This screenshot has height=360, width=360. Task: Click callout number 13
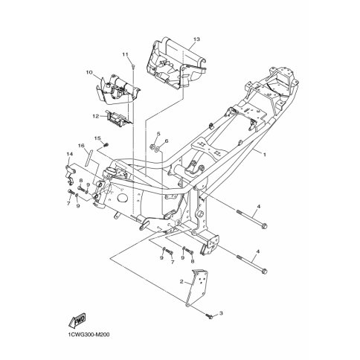[196, 39]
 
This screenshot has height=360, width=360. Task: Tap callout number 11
[125, 54]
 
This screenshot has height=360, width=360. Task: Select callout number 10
[89, 72]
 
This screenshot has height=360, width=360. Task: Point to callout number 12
[96, 116]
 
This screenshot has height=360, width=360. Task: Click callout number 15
[97, 138]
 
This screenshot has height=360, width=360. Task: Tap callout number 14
[69, 154]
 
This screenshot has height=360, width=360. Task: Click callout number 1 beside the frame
[265, 155]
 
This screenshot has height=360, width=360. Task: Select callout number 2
[181, 281]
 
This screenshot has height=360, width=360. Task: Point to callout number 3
[221, 313]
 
